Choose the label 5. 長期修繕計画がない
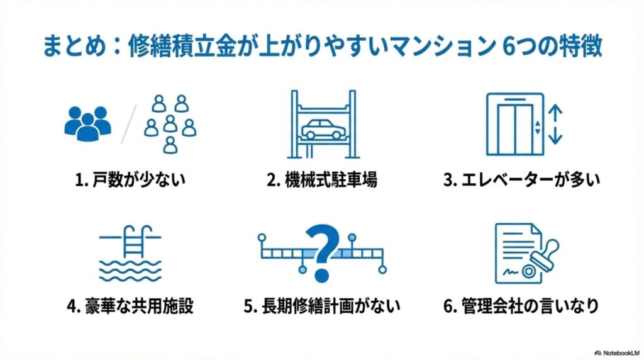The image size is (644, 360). coord(322,307)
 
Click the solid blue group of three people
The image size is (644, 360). coord(87,121)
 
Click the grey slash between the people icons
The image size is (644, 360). coord(128,125)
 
